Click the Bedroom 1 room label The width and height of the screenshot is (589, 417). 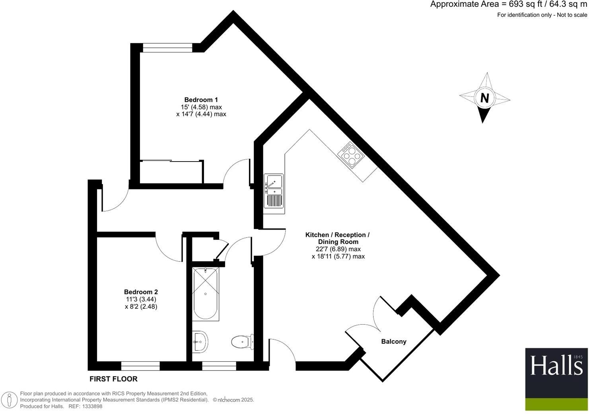click(x=201, y=99)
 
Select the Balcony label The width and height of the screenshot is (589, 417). click(x=394, y=341)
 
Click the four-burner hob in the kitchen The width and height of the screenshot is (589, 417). click(x=351, y=156)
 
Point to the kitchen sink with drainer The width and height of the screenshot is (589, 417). click(x=273, y=191)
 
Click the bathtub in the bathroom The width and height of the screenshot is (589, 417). click(x=205, y=294)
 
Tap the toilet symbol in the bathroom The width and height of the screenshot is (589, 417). click(x=241, y=341)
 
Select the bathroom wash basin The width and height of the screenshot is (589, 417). click(x=200, y=341)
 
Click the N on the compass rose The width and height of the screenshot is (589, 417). click(x=484, y=98)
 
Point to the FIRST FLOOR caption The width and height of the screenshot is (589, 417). click(x=113, y=379)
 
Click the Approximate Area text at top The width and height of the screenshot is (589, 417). click(x=508, y=5)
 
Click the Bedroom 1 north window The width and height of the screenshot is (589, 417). click(x=167, y=48)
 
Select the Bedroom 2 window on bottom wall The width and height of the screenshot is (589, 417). click(x=140, y=366)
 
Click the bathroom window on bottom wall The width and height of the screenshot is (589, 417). click(x=219, y=366)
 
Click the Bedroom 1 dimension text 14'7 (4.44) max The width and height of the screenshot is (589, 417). click(x=201, y=114)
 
